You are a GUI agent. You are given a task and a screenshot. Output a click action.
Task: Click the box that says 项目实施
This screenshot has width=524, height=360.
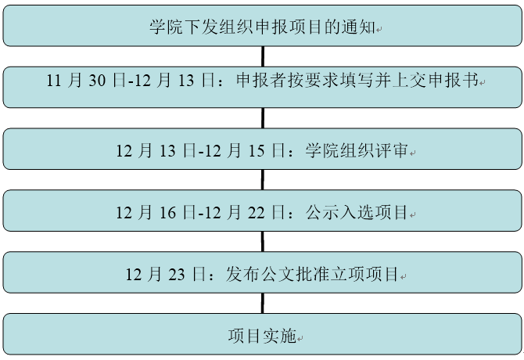pos(263,337)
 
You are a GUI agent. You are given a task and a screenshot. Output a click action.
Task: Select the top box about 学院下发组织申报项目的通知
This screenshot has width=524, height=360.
pos(263,27)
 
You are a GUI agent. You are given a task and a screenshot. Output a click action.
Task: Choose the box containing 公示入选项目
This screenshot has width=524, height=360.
pos(263,212)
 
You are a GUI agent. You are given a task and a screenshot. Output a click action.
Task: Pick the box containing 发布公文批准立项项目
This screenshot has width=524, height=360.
pos(263,274)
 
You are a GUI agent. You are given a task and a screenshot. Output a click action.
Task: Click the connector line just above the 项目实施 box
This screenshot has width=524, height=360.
pos(263,304)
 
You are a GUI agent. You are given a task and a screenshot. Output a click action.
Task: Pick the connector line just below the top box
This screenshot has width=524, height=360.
pos(263,56)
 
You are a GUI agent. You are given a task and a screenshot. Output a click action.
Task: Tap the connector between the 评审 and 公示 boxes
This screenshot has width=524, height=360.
pos(263,180)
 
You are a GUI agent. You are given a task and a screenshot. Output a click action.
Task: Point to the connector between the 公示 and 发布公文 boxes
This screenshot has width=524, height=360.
pos(263,242)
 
